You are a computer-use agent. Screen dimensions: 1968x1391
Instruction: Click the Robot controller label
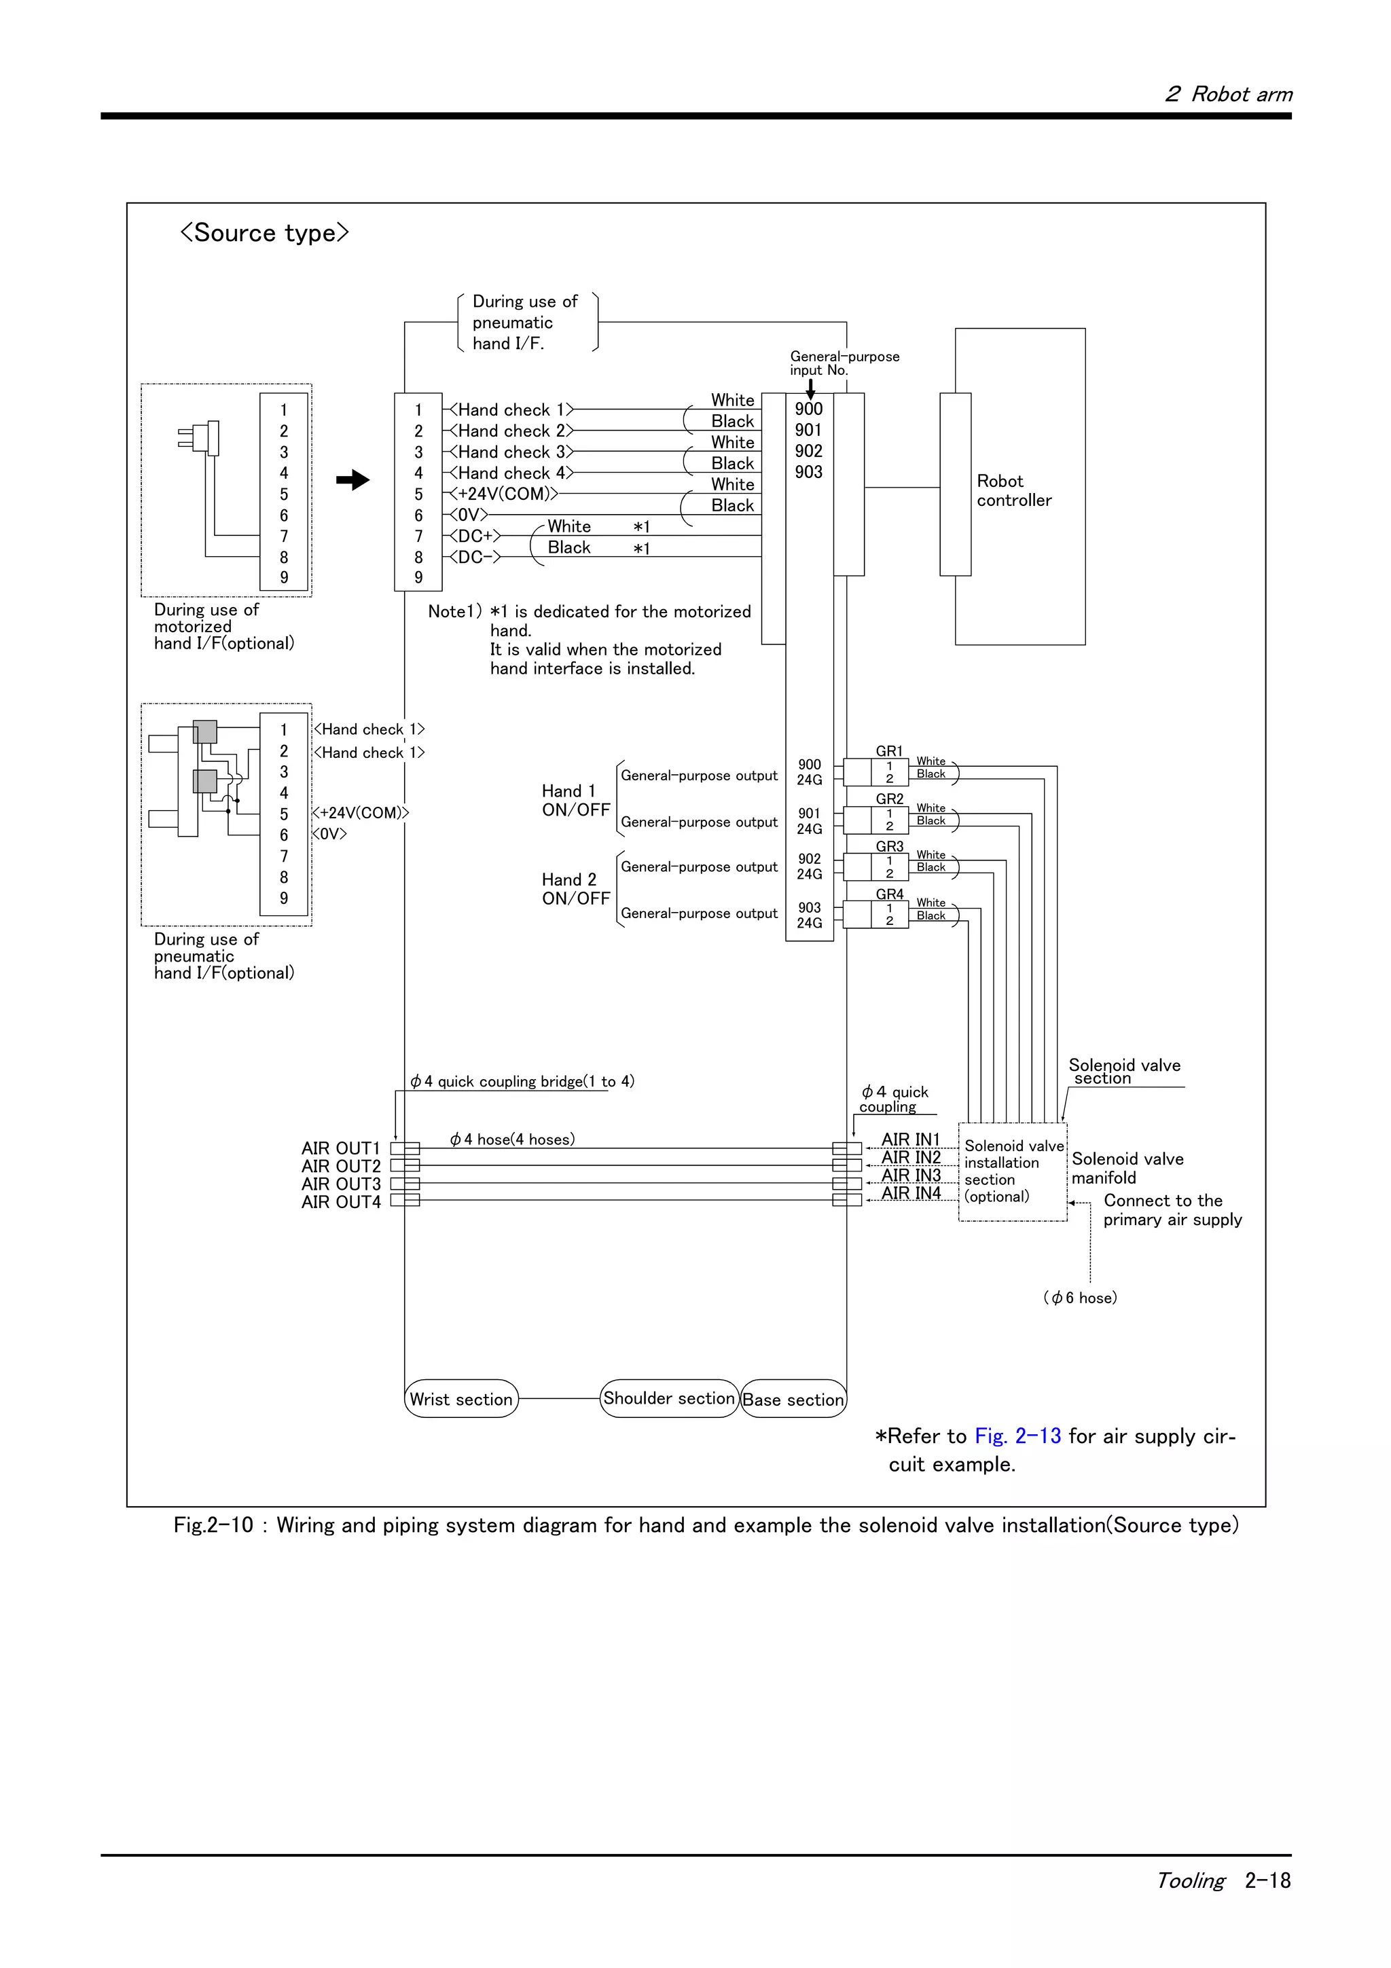1013,490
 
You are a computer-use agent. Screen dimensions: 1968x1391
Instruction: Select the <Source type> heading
264,232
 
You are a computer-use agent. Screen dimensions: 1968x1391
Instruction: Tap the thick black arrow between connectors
353,480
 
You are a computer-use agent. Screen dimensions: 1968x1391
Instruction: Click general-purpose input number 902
808,451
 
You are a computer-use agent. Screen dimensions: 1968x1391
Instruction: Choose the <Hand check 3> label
510,452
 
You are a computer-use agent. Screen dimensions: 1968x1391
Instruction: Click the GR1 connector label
889,751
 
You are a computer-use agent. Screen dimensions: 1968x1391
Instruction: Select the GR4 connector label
889,894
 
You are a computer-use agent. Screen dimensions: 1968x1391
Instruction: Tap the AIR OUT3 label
340,1184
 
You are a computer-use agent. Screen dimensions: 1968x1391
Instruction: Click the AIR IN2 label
911,1157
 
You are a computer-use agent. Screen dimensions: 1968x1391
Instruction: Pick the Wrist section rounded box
461,1399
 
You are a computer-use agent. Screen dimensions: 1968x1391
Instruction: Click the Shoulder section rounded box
668,1398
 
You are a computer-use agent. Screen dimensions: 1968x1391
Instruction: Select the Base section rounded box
793,1399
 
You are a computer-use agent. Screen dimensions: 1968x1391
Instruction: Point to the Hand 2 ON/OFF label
575,889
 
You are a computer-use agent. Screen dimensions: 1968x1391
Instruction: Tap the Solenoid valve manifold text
1126,1167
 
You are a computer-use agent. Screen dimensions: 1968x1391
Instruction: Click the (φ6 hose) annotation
1080,1298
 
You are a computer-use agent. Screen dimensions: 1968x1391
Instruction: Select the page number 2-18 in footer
1267,1880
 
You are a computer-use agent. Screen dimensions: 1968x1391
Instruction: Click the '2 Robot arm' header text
1228,94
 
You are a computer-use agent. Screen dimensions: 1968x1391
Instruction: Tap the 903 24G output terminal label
809,915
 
